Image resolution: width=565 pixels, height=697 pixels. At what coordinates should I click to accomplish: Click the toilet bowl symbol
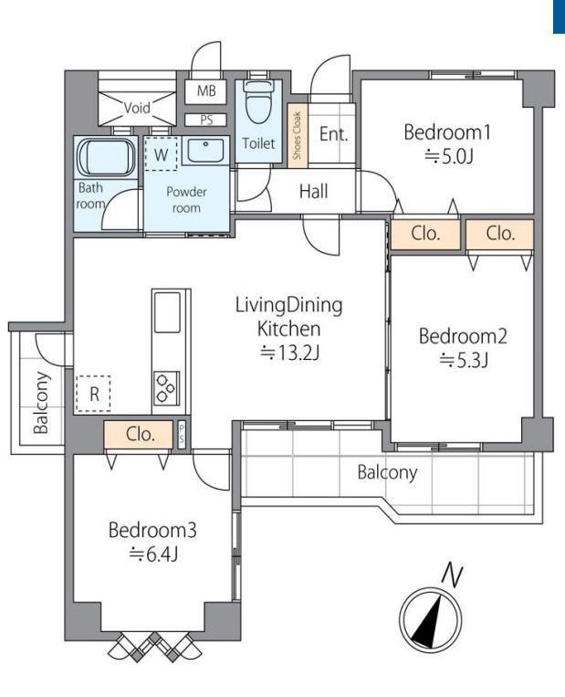tap(258, 102)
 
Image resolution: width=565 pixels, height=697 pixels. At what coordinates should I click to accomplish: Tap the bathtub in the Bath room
tap(106, 157)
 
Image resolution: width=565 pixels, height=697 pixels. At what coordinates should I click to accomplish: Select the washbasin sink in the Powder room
tap(204, 151)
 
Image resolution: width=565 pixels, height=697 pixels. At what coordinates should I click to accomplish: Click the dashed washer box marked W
tap(161, 153)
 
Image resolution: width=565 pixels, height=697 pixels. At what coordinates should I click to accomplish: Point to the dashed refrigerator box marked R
tap(93, 394)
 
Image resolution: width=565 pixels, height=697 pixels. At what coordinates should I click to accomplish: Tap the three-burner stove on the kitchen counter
tap(166, 387)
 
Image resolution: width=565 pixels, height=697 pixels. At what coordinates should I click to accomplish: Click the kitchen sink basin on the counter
tap(166, 312)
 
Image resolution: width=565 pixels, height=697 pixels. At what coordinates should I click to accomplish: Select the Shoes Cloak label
tap(298, 135)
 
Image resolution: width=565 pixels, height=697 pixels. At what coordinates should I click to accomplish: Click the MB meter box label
tap(206, 90)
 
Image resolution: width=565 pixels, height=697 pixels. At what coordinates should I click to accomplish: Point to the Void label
tap(137, 108)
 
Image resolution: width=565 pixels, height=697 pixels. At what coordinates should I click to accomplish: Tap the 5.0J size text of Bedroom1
tap(449, 156)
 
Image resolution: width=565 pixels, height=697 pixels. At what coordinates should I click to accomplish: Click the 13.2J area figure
tap(289, 353)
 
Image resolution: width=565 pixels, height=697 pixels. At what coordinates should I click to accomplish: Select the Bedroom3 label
tap(152, 530)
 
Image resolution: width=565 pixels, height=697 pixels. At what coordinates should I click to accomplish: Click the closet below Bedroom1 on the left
tap(425, 234)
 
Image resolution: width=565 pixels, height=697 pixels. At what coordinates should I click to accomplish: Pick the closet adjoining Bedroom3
tap(139, 434)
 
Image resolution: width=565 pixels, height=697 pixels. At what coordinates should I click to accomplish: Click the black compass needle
tap(428, 621)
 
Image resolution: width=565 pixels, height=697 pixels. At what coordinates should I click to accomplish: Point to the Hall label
tap(314, 191)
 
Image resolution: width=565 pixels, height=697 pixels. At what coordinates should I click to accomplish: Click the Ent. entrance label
tap(333, 133)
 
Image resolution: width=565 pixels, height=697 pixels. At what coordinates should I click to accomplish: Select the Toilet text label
tap(258, 143)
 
